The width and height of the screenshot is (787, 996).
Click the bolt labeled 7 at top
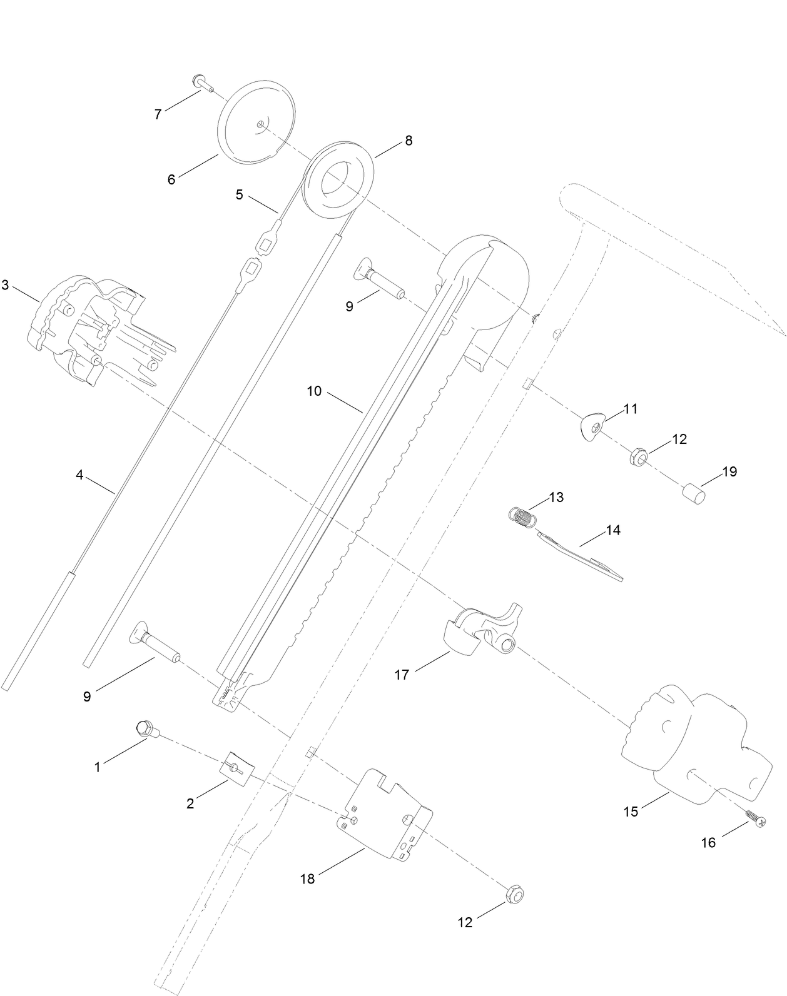(202, 83)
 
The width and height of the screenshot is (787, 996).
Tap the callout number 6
(171, 180)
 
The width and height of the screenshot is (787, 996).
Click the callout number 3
(6, 285)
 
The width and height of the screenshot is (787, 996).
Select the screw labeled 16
(754, 819)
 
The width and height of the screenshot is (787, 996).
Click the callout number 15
(631, 812)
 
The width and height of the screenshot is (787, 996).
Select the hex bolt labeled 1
(146, 728)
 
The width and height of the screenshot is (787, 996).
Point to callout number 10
(314, 391)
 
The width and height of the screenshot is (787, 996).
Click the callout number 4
(79, 475)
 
